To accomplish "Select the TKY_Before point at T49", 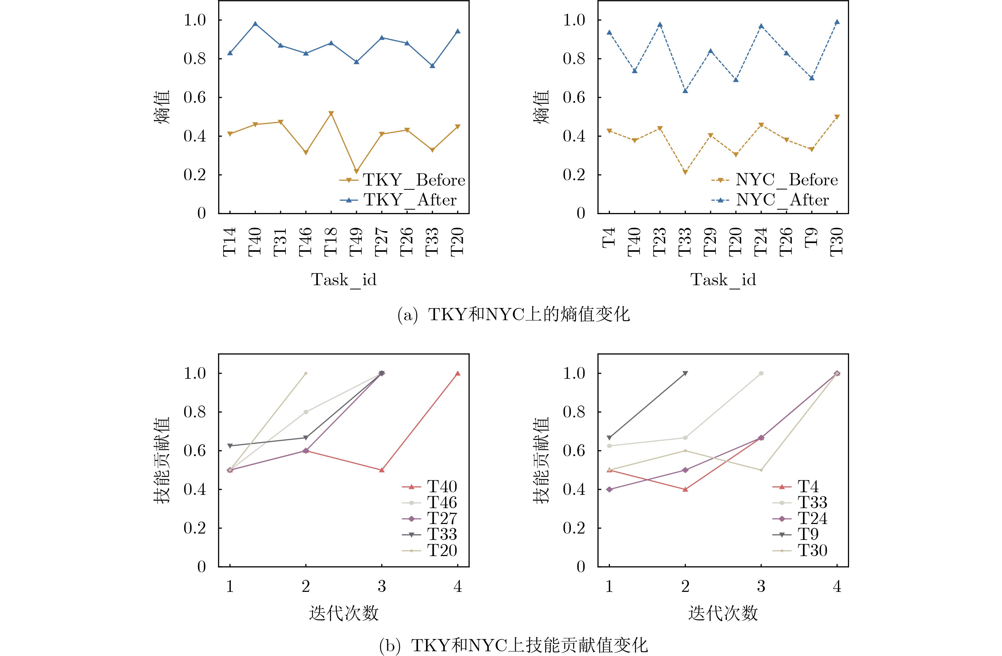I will [357, 171].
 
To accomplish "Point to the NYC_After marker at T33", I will [685, 91].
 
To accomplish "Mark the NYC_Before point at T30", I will [837, 117].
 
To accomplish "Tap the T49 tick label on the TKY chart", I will [356, 242].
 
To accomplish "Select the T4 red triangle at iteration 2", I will [685, 489].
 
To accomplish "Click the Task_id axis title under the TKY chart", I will [344, 280].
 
